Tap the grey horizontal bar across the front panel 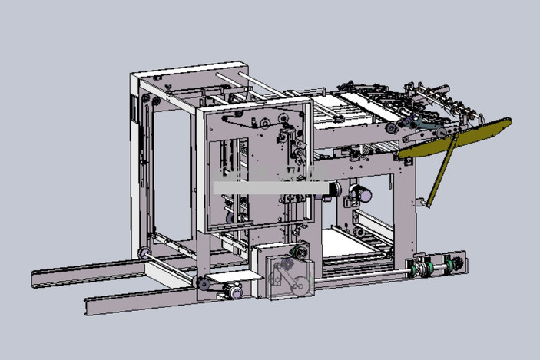269,187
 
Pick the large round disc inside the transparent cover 300,286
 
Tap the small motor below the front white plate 232,292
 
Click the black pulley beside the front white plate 204,285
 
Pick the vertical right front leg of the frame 406,207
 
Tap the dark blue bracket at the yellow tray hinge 416,123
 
